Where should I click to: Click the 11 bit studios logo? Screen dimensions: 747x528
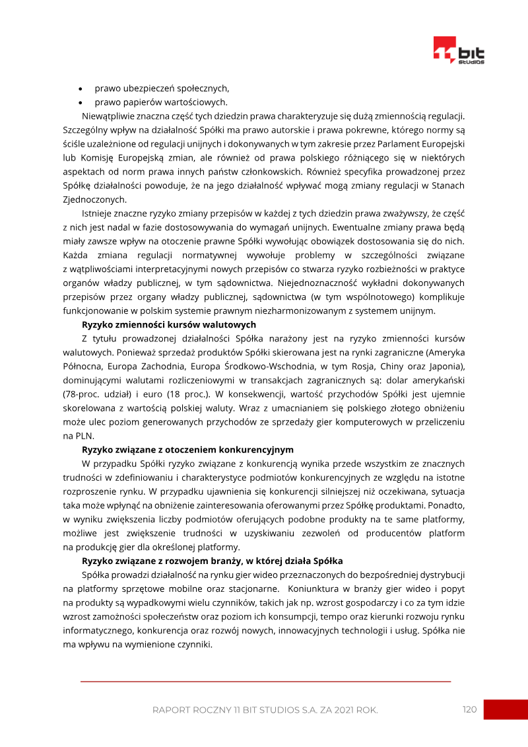click(x=459, y=51)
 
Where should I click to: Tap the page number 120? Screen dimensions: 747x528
click(x=469, y=709)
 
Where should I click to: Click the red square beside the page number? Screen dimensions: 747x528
click(x=506, y=709)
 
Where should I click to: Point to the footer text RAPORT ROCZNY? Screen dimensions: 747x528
click(x=192, y=710)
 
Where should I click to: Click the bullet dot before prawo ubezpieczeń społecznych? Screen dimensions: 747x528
click(x=81, y=89)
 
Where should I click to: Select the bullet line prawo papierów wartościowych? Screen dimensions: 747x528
click(x=161, y=102)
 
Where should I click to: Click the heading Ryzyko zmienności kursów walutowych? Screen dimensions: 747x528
click(x=169, y=324)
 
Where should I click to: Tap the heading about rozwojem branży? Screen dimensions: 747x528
click(x=212, y=561)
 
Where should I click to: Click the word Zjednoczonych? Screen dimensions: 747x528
click(x=94, y=199)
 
